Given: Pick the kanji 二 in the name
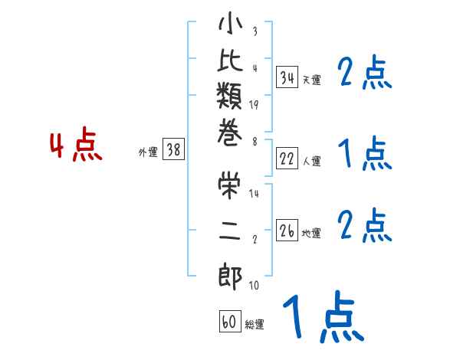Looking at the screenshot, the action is tap(230, 230).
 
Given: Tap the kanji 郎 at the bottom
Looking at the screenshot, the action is tap(230, 276).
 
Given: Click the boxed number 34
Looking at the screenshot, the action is tap(287, 77).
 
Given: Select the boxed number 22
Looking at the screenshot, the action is tap(287, 159).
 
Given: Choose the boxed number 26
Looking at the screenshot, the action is tap(287, 231).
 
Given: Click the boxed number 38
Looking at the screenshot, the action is tap(173, 150).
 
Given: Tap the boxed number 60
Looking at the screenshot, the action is tap(229, 322).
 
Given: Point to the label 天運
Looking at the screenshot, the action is tap(311, 80).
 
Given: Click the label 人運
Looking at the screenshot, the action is tap(311, 161).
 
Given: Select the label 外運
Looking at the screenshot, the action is tap(148, 152).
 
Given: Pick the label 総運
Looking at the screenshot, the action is tap(255, 325).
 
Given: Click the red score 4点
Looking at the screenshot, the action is tap(76, 146).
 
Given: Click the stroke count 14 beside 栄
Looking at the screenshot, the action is tap(254, 194).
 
